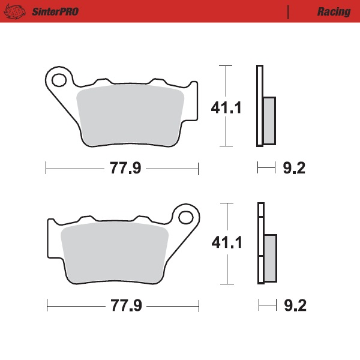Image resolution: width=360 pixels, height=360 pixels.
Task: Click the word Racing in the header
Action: tap(334, 12)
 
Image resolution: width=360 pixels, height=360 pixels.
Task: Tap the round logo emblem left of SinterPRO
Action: tap(18, 12)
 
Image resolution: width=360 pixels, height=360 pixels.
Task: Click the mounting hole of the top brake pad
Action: tap(58, 79)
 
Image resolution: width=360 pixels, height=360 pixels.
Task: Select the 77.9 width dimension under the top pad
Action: tap(125, 169)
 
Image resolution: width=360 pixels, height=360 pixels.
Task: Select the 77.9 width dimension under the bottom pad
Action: tap(125, 306)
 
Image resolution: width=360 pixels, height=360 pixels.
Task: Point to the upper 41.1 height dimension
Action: tap(226, 108)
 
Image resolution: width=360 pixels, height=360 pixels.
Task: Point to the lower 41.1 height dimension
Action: tap(226, 243)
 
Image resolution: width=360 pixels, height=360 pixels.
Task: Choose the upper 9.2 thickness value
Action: tap(293, 169)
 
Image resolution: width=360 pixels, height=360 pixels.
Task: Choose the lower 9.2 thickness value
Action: tap(294, 306)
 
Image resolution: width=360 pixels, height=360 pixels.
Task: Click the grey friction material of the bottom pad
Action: tap(114, 253)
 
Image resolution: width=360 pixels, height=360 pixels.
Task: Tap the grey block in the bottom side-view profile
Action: tap(270, 257)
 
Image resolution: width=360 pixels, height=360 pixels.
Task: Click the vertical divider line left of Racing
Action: tap(289, 12)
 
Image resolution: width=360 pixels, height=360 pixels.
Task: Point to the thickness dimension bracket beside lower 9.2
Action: tap(267, 306)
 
